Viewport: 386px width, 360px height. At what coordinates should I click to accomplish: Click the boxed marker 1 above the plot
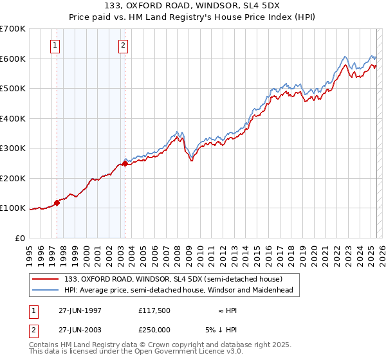coord(56,45)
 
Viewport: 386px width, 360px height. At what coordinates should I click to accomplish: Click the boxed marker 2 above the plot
coord(123,45)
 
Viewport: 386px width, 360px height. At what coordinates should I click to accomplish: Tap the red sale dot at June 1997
coord(57,203)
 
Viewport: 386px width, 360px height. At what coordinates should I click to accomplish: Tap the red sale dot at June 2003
coord(125,163)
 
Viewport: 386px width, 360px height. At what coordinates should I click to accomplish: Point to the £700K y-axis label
coord(13,29)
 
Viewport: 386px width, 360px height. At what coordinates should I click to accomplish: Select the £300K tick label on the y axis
coord(13,148)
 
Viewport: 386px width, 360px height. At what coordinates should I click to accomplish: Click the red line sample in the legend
coord(46,279)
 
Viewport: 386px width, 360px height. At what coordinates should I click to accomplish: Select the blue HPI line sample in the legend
coord(46,290)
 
